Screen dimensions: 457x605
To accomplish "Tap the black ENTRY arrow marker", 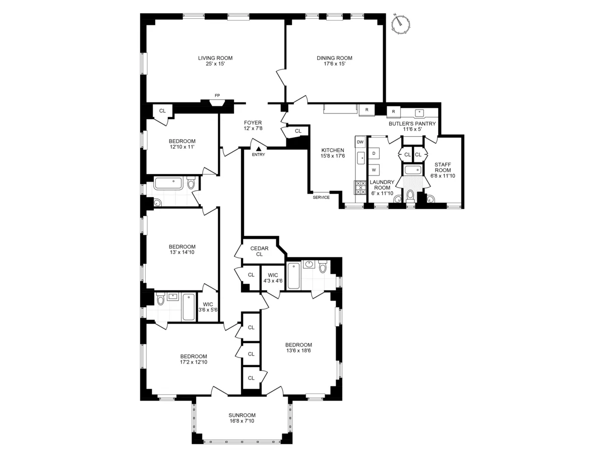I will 258,149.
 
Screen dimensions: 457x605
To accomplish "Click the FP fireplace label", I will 217,95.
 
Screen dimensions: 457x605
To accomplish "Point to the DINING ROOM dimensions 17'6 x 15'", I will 334,65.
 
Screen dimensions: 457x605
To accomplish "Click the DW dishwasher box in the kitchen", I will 360,142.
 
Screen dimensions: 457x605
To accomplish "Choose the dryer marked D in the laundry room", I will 374,153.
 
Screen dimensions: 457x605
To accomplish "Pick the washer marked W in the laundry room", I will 374,170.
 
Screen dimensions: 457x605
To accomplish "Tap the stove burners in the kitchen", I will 360,188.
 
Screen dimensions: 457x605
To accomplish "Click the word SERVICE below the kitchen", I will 321,197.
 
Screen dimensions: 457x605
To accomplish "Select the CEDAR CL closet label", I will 259,251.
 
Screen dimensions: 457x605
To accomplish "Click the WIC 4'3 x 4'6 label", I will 273,278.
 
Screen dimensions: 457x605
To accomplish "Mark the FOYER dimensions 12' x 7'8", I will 253,129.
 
